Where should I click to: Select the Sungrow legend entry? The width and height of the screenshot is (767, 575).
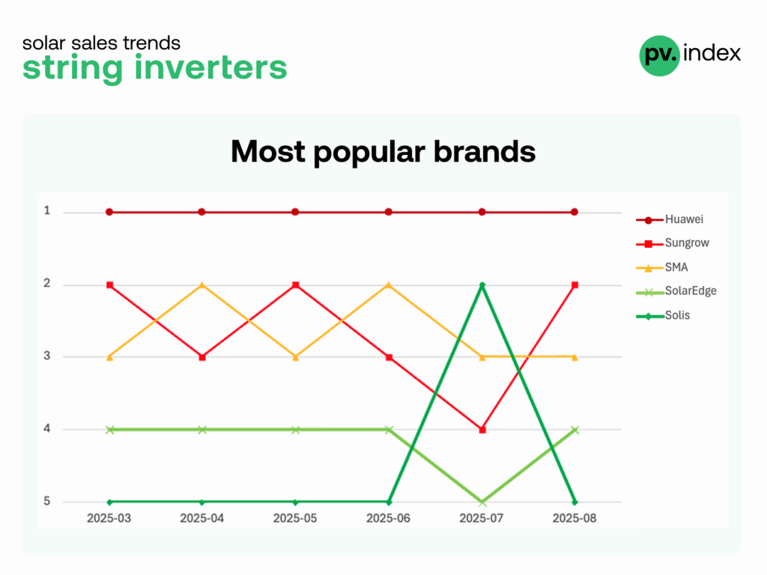(x=673, y=243)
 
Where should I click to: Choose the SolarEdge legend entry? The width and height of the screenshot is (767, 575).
(x=676, y=291)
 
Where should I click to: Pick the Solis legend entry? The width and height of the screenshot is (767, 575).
(x=664, y=315)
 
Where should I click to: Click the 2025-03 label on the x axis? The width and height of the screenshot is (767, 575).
(x=109, y=518)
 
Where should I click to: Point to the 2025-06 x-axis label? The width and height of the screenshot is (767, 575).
(x=389, y=518)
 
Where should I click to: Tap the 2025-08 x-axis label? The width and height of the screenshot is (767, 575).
(x=575, y=518)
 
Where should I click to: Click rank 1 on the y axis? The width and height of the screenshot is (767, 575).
(x=47, y=210)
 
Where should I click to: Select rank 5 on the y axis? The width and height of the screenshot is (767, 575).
(x=47, y=501)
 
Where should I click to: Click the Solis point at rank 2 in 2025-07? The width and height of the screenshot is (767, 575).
(x=482, y=285)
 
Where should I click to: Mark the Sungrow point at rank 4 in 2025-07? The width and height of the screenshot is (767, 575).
(x=482, y=430)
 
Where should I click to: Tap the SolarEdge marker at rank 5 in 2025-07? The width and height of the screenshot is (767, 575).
(x=482, y=502)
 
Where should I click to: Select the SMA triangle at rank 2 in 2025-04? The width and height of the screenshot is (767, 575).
(x=202, y=285)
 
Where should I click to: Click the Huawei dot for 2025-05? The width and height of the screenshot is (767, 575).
(x=295, y=212)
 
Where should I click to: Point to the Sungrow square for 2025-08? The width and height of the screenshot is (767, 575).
(x=575, y=285)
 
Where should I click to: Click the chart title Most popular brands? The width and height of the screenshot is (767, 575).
(x=383, y=151)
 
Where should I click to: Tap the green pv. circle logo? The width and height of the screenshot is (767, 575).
(x=659, y=55)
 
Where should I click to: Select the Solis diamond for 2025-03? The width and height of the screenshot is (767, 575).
(x=109, y=502)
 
